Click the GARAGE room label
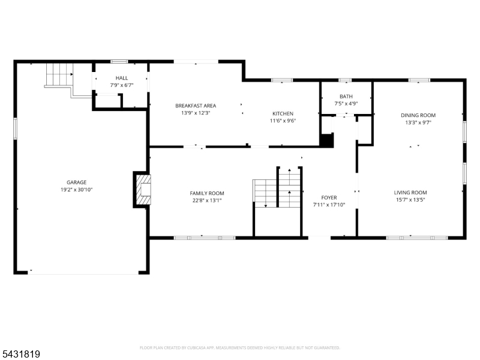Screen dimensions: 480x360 pos(77,182)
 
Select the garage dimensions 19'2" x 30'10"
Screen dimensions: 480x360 pos(77,190)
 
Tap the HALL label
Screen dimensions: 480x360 pos(122,78)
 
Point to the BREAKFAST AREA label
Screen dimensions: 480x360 pos(196,106)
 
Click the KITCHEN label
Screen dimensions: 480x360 pos(283,113)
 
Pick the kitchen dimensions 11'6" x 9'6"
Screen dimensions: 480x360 pos(283,121)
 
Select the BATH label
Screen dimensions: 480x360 pos(346,97)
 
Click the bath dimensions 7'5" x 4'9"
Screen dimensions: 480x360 pos(346,104)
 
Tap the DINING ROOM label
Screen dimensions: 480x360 pos(418,115)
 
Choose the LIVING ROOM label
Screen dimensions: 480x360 pos(410,193)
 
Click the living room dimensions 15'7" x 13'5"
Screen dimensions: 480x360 pos(410,200)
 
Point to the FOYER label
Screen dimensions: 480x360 pos(329,198)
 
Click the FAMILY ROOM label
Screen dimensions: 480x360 pos(207,193)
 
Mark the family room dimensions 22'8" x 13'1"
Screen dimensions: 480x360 pos(207,201)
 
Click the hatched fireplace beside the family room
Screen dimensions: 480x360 pos(143,190)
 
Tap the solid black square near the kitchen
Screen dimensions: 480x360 pos(326,140)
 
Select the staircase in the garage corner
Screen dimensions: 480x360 pos(59,75)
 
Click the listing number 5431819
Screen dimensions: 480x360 pos(20,354)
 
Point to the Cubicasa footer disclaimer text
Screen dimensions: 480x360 pos(239,348)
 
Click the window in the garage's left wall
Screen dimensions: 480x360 pos(16,128)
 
